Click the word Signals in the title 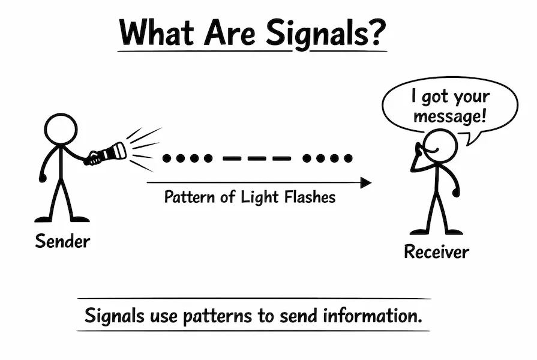317,34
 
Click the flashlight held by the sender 108,153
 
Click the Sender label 62,241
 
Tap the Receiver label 436,251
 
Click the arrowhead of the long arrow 365,182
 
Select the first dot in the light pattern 167,158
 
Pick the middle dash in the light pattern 257,159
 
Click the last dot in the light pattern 348,158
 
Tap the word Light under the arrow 255,197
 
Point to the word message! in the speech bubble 449,116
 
